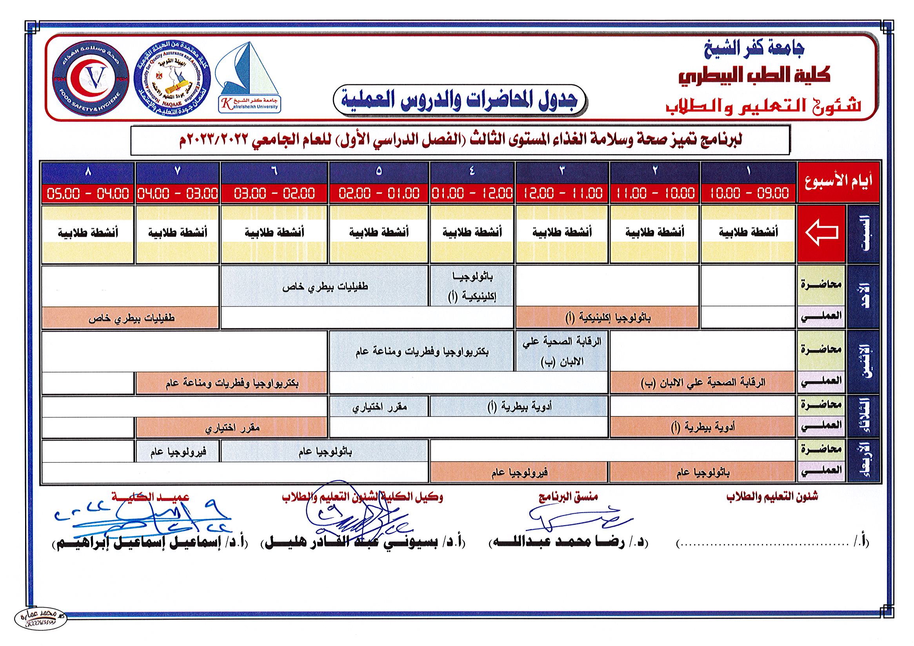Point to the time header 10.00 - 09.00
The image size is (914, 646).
(749, 193)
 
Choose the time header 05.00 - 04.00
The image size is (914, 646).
(88, 193)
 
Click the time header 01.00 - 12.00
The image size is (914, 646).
(472, 193)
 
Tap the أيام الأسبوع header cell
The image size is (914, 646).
(838, 182)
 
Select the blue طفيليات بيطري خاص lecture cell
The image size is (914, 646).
(325, 287)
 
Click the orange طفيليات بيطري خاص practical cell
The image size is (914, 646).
(131, 318)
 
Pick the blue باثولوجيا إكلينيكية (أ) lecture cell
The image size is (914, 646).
(472, 287)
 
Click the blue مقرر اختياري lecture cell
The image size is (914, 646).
(379, 407)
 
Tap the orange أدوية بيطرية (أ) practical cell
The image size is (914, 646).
(702, 427)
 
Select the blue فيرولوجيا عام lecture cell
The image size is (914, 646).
(178, 451)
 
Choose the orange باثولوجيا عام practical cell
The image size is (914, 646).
(702, 473)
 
